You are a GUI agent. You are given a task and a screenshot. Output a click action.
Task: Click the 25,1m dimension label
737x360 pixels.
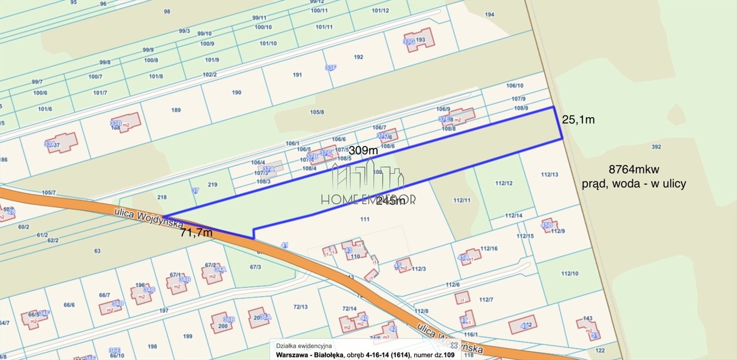coord(578,120)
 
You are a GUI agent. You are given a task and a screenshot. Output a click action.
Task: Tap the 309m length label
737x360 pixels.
coord(363,150)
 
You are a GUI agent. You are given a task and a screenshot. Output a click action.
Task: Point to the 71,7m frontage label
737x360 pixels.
coord(196,232)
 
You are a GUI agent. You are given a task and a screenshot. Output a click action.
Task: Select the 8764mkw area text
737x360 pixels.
coord(634,169)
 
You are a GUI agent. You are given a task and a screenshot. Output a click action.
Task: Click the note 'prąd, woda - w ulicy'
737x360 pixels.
coord(634,183)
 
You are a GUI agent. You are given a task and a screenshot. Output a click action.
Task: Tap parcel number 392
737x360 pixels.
coord(656,147)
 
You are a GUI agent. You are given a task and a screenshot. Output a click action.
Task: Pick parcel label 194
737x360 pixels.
coord(489,15)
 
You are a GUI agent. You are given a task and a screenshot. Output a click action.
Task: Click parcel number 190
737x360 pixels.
coord(236,92)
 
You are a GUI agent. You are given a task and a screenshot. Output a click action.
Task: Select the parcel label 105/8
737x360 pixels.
coord(317,112)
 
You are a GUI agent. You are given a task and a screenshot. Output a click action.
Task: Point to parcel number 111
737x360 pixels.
coord(365,219)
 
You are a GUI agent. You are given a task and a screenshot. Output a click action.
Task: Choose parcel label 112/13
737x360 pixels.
coord(549,174)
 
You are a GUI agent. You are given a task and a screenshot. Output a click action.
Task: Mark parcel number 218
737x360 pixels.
coord(162,197)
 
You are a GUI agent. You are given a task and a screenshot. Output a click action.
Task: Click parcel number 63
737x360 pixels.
coord(97,251)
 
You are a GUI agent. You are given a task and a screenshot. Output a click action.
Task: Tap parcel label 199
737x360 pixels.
coord(188,336)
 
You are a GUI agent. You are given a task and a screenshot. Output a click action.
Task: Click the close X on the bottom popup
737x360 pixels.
coord(454,345)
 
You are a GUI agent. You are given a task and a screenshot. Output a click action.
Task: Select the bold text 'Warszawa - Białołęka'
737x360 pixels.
coord(309,355)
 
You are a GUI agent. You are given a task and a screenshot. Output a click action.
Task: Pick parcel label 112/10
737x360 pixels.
coord(570,273)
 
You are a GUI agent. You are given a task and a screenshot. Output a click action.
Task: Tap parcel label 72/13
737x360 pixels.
coord(301,307)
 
